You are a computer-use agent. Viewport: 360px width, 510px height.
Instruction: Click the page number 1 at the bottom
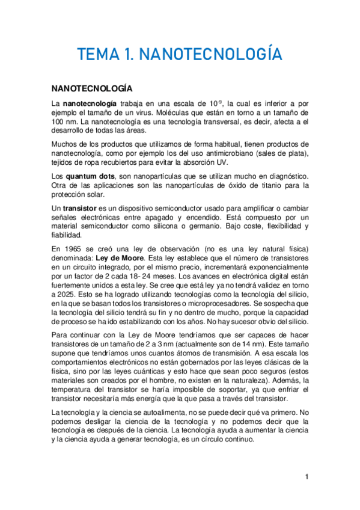[307, 477]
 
